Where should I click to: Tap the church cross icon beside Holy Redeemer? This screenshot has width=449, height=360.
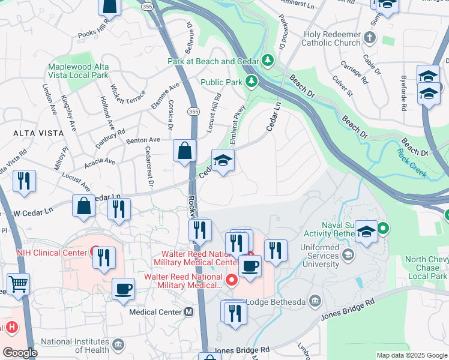coord(370,38)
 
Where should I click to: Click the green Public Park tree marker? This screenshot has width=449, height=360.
coord(253,82)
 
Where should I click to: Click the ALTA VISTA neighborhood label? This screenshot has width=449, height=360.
coord(22,131)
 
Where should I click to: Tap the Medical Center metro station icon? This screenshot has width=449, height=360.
coord(189,312)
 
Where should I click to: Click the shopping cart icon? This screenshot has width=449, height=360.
coord(19,284)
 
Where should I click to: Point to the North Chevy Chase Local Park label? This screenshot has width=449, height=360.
coord(426,268)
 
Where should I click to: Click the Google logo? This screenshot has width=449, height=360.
coord(20,353)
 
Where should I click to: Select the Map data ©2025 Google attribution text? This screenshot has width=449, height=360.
coord(412,355)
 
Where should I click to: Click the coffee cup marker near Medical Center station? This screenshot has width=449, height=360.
coord(124,289)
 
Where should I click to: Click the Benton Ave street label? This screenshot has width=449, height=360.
coord(143,139)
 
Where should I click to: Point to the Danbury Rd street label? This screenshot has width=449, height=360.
coord(110,139)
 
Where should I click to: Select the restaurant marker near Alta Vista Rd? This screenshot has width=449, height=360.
coord(24,181)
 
